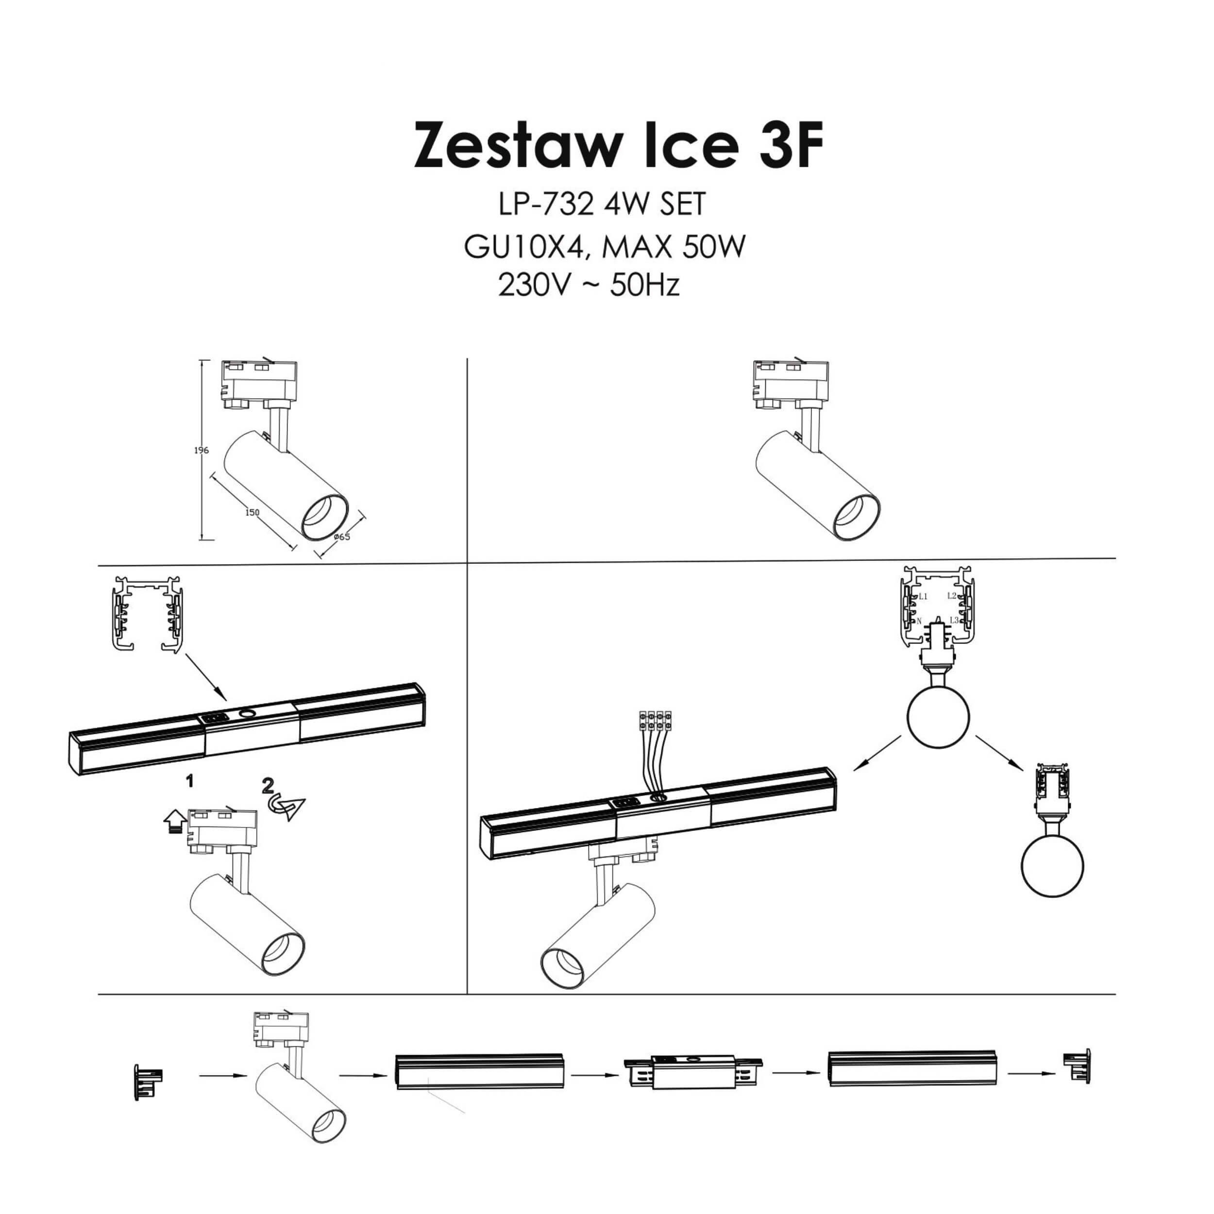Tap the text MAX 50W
(673, 247)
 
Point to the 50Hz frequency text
(644, 286)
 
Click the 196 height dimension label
(201, 451)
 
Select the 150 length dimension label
(252, 512)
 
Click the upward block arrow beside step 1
(174, 821)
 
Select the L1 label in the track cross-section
(923, 596)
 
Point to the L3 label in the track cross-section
(953, 620)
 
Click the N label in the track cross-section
(919, 621)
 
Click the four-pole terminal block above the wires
(655, 720)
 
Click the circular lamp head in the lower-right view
(1052, 865)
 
